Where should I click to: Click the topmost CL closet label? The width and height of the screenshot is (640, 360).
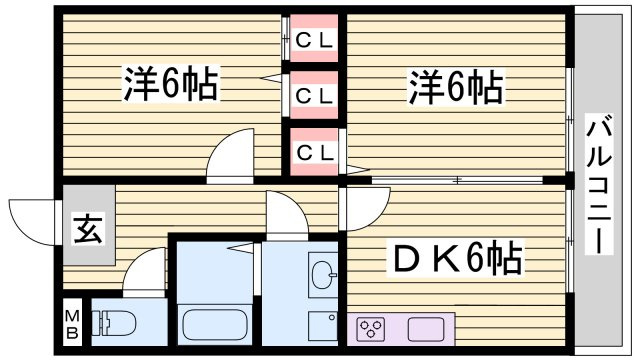(314, 40)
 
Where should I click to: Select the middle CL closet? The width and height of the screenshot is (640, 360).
(314, 95)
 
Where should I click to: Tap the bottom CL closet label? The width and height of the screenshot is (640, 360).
(315, 153)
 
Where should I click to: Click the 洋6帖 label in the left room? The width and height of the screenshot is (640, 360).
(170, 84)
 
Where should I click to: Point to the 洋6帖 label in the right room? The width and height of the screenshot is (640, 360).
(456, 87)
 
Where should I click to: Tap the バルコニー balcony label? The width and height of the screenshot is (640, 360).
(598, 184)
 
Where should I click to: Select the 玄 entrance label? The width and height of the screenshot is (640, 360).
(88, 229)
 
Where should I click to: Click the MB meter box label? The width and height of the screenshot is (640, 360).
(72, 325)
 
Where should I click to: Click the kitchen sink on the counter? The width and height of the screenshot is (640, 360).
(426, 329)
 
